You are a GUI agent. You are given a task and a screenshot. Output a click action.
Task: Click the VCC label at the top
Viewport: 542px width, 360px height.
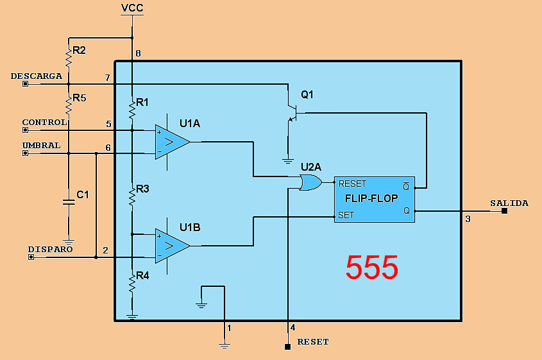[x=132, y=8]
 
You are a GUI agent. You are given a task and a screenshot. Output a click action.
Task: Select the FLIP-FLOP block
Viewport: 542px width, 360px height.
[x=375, y=198]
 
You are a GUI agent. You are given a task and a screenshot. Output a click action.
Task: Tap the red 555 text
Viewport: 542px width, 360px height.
[x=372, y=268]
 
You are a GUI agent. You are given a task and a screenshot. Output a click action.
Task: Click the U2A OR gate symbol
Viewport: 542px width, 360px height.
[x=311, y=183]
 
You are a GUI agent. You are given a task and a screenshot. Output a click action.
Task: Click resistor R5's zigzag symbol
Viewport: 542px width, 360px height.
[x=68, y=103]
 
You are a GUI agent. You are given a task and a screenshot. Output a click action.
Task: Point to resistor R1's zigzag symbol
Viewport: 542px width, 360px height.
[x=132, y=109]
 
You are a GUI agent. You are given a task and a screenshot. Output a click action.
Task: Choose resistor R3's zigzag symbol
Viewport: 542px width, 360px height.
[x=132, y=196]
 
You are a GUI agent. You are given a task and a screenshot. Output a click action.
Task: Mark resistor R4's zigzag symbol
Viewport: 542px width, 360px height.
[x=132, y=282]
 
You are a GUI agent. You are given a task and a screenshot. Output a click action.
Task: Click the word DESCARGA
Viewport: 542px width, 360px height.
[x=37, y=76]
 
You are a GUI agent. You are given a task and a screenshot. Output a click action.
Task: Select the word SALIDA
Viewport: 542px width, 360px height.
[x=509, y=203]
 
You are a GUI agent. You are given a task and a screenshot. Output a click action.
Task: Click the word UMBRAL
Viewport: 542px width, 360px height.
[x=41, y=145]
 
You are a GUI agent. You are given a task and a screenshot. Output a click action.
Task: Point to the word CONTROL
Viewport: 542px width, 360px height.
[x=44, y=122]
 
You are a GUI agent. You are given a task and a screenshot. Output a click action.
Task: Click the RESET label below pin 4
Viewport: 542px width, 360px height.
[x=313, y=342]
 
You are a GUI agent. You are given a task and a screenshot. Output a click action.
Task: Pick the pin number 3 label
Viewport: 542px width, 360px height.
[x=468, y=219]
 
